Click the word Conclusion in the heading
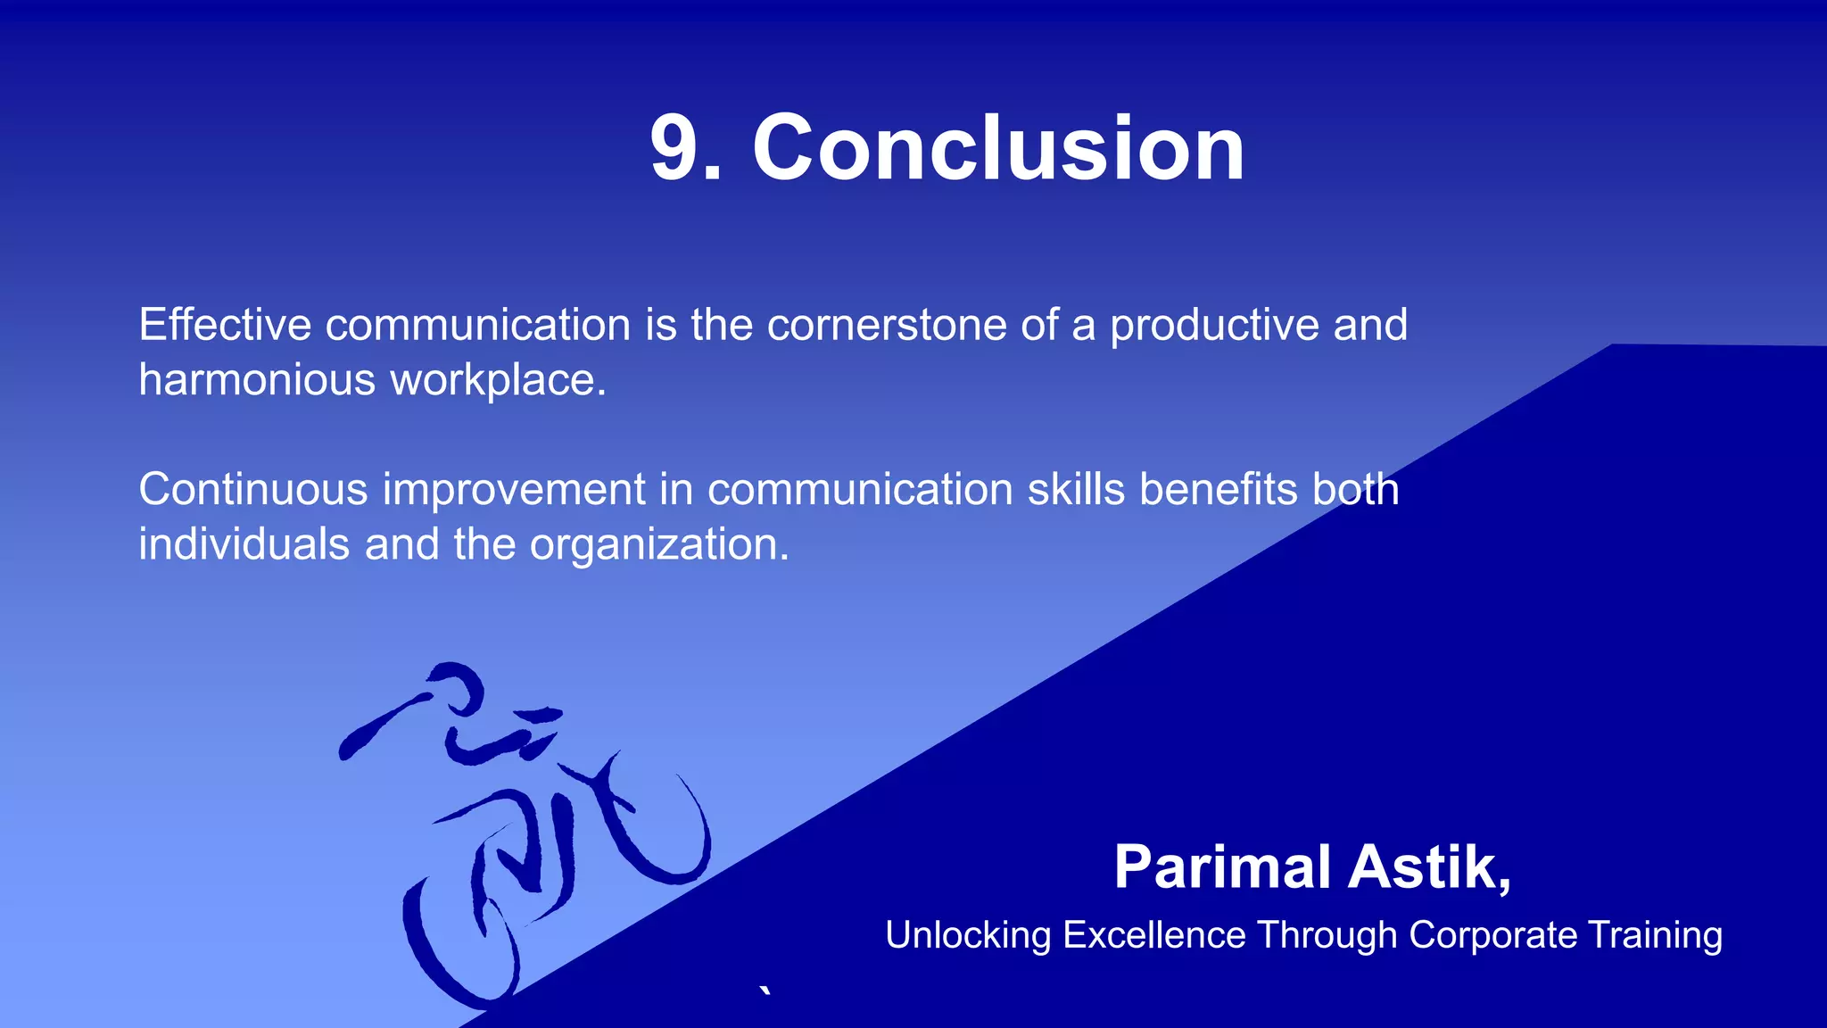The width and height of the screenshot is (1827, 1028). (998, 149)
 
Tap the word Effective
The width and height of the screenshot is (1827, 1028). (225, 325)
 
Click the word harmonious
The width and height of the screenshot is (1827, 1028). (257, 381)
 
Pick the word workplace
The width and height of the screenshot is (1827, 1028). (498, 381)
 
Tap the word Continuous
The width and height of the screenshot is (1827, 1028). (253, 490)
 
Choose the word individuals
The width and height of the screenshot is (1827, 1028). (244, 544)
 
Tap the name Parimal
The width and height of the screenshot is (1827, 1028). (1222, 868)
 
